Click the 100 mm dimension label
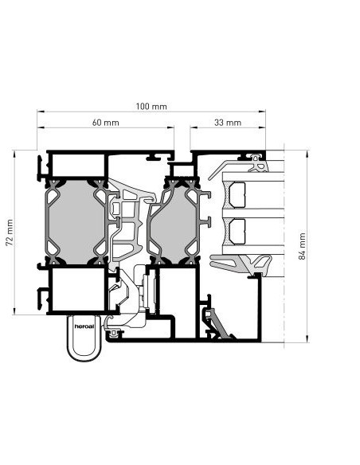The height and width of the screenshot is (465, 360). (x=151, y=107)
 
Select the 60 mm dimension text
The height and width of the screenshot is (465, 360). (x=106, y=123)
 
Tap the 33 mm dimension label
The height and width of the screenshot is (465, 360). (x=228, y=123)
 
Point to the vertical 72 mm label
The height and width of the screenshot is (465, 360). (x=10, y=232)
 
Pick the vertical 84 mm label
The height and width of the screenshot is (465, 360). (x=302, y=246)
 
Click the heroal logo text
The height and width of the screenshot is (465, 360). (x=84, y=326)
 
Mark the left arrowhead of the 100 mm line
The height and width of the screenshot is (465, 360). (x=41, y=111)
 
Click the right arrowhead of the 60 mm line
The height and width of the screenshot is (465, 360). (x=170, y=127)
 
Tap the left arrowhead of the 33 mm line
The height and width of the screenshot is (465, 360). (x=194, y=127)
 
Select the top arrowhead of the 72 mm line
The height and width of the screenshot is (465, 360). (x=14, y=154)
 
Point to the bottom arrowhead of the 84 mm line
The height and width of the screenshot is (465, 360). (x=307, y=339)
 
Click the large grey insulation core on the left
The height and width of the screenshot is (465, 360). (x=76, y=222)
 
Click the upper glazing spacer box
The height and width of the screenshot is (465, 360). (x=237, y=195)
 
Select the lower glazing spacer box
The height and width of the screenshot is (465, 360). (x=237, y=232)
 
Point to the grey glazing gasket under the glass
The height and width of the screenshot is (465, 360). (x=241, y=264)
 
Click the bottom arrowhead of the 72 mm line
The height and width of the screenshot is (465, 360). (x=14, y=311)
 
